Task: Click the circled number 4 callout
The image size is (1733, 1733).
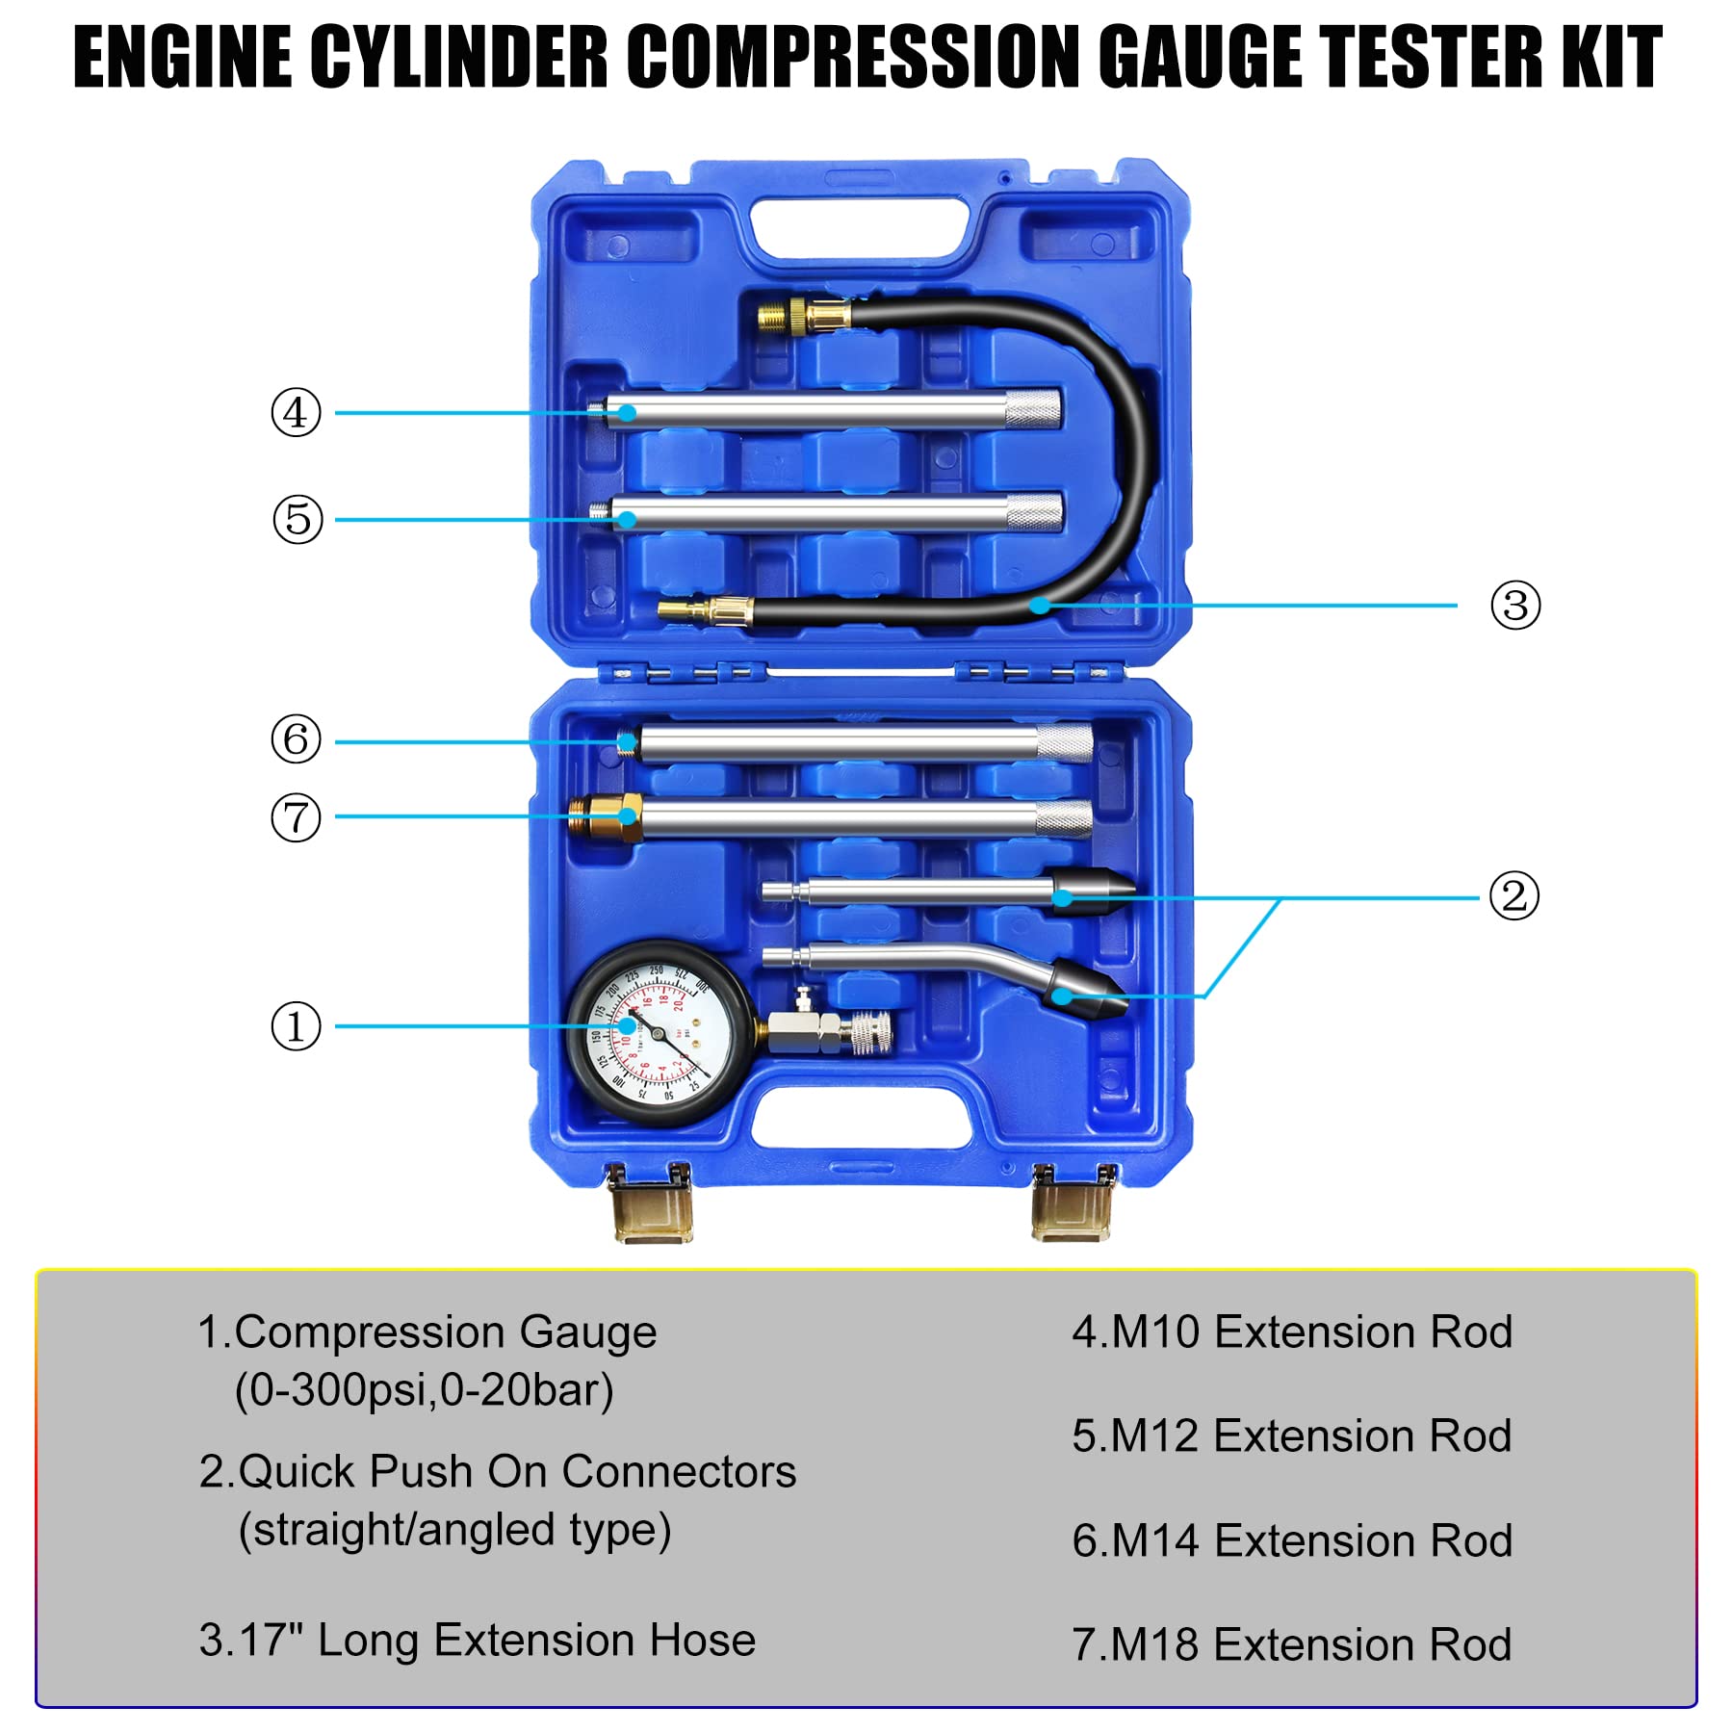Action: [296, 413]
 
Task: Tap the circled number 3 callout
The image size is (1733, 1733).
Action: [1515, 606]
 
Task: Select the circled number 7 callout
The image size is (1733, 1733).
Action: [296, 817]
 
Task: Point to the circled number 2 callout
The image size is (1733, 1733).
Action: [1513, 895]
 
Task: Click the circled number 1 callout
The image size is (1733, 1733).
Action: [296, 1026]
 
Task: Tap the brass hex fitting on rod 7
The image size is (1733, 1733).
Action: [607, 817]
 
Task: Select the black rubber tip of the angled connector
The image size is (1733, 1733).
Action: [1086, 992]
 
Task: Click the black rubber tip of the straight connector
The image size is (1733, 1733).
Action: [1092, 892]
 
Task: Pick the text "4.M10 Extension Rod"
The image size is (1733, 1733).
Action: [1291, 1332]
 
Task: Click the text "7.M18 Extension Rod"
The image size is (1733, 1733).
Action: [1291, 1644]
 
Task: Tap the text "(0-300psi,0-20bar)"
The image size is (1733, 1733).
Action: [424, 1390]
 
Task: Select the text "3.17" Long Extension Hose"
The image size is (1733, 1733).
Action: [477, 1640]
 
